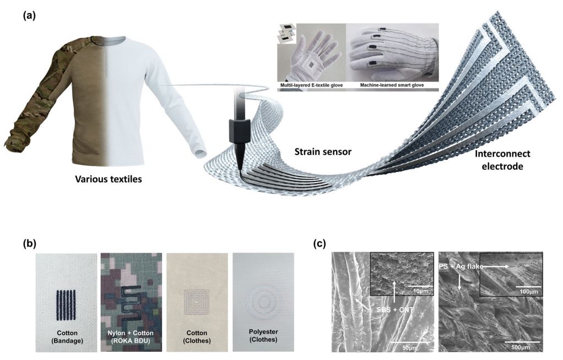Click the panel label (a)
pyautogui.click(x=29, y=15)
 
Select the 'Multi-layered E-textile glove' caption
pyautogui.click(x=311, y=85)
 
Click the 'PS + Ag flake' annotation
pyautogui.click(x=462, y=266)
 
